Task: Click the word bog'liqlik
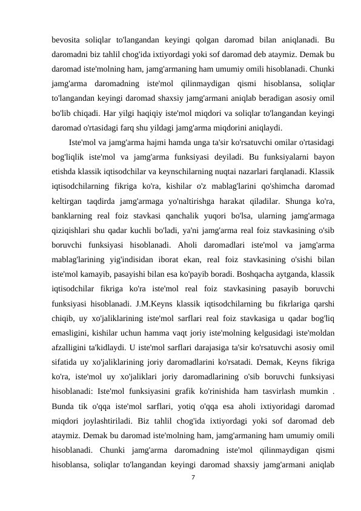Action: click(x=69, y=157)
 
